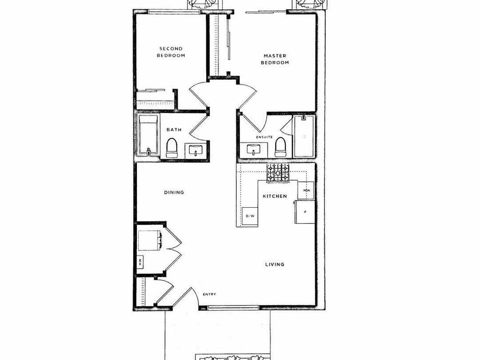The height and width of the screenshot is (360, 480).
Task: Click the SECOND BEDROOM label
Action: (171, 52)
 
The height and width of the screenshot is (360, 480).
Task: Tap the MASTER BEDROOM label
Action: (275, 59)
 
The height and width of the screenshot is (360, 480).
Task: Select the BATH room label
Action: (173, 130)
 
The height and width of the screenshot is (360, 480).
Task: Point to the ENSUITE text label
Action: (264, 137)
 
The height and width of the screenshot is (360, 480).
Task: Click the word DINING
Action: (174, 192)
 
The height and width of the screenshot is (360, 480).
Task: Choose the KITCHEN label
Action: (275, 196)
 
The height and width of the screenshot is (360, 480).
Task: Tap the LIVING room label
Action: (275, 264)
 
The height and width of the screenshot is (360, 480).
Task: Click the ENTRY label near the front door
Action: (209, 294)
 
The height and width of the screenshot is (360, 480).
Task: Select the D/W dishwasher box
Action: (250, 216)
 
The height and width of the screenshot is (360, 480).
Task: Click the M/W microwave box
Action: (307, 191)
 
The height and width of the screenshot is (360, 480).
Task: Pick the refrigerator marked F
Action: (305, 212)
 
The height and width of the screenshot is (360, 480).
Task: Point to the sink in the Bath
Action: (195, 150)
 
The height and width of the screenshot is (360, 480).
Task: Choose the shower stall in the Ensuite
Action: (304, 136)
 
